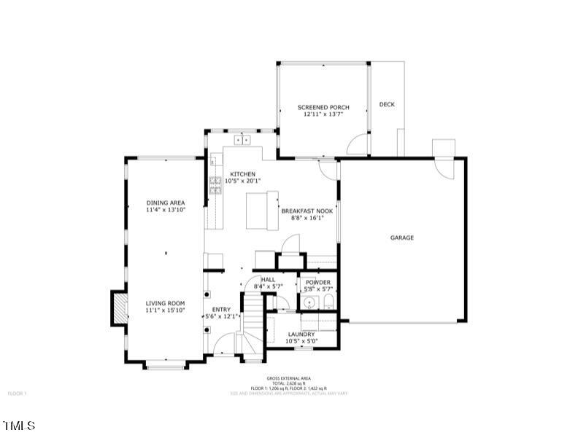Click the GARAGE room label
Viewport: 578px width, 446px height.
coord(401,238)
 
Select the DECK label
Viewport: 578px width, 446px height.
coord(387,104)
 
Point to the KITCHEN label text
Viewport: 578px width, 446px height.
coord(242,173)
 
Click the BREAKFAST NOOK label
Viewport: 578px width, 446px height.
coord(307,211)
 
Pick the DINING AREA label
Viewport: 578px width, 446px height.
coord(166,203)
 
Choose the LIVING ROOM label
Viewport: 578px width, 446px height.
coord(165,303)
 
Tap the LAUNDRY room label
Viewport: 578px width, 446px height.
coord(301,334)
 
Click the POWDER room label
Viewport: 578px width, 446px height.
coord(318,282)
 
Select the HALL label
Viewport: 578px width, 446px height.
coord(268,279)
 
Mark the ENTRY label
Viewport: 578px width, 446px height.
coord(221,309)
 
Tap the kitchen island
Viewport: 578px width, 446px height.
coord(263,209)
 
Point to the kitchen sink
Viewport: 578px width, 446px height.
coord(242,139)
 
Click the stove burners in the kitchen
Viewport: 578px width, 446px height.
coord(215,186)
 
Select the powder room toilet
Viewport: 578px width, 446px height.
coord(328,302)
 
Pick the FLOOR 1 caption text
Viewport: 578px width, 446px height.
coord(18,394)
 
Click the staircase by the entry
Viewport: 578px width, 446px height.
coord(252,321)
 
